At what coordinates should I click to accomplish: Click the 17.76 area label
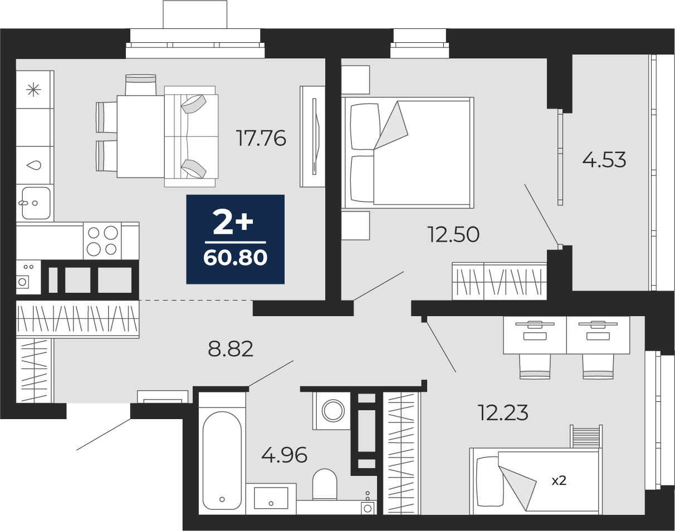pos(262,139)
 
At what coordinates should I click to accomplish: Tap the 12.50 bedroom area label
pos(453,235)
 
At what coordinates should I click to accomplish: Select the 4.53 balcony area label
pos(604,160)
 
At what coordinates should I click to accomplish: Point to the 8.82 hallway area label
pos(231,349)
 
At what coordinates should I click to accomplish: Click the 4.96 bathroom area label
pos(284,455)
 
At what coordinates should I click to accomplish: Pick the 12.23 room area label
pos(503,412)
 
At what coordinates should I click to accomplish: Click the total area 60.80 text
pos(235,258)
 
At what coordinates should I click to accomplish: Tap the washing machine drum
pos(333,411)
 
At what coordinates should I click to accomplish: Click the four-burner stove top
pos(102,241)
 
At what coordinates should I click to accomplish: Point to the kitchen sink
pos(36,203)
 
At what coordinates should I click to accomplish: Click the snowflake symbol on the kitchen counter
pos(33,90)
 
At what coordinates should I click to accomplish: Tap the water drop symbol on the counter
pos(34,165)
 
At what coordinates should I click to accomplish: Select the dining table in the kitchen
pos(140,137)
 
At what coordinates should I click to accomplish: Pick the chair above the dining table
pos(140,85)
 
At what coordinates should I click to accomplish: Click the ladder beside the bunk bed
pos(586,436)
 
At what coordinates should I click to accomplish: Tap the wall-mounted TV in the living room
pos(315,136)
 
